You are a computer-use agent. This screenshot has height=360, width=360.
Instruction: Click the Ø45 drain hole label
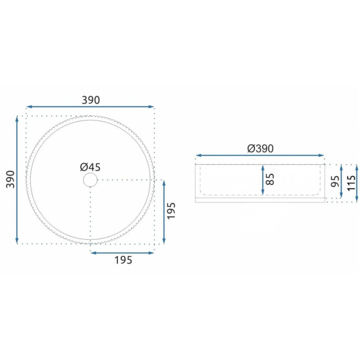pos(90,167)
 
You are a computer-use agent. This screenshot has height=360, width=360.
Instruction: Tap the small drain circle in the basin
pos(90,180)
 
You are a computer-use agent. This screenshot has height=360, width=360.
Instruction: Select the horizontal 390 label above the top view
pos(91,100)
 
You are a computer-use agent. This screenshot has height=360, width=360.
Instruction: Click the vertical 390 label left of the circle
pos(10,179)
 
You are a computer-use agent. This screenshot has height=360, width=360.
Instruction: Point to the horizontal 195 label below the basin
pos(123,260)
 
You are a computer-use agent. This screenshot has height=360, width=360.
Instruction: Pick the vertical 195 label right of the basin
pos(171,211)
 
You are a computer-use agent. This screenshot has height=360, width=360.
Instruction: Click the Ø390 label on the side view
pos(261,148)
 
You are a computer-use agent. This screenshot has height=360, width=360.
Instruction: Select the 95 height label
pos(335,181)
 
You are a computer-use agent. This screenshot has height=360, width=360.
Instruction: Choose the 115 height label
pos(351,183)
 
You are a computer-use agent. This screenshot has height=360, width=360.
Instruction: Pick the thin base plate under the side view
pos(260,200)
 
